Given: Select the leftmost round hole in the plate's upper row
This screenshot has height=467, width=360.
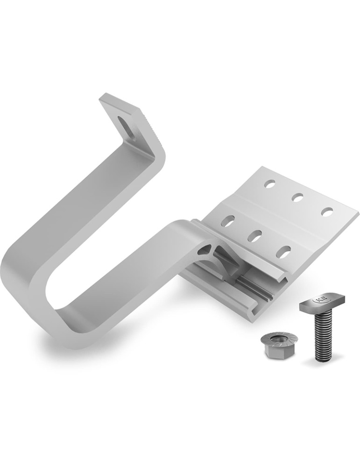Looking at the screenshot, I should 269,184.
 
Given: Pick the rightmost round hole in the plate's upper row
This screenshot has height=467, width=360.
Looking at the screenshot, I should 327,212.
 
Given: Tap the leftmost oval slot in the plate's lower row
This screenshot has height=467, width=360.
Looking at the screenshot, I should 229,221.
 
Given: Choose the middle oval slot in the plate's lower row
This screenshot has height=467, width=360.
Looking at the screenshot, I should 255,236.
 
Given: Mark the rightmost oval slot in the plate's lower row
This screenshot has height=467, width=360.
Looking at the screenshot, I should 283,251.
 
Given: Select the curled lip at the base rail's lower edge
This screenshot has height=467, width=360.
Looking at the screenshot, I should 255,318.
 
